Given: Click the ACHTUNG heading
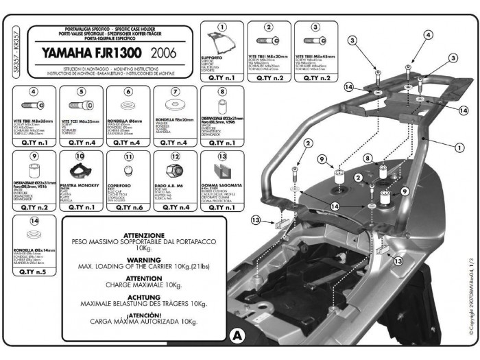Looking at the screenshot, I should click(144, 298).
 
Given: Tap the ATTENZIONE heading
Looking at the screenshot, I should click(144, 236).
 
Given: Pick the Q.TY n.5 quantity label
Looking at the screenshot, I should click(34, 271).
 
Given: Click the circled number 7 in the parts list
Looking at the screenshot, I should click(176, 91).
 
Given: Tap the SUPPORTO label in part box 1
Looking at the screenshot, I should click(212, 58).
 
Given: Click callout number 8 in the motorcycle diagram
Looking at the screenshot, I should click(368, 158).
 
